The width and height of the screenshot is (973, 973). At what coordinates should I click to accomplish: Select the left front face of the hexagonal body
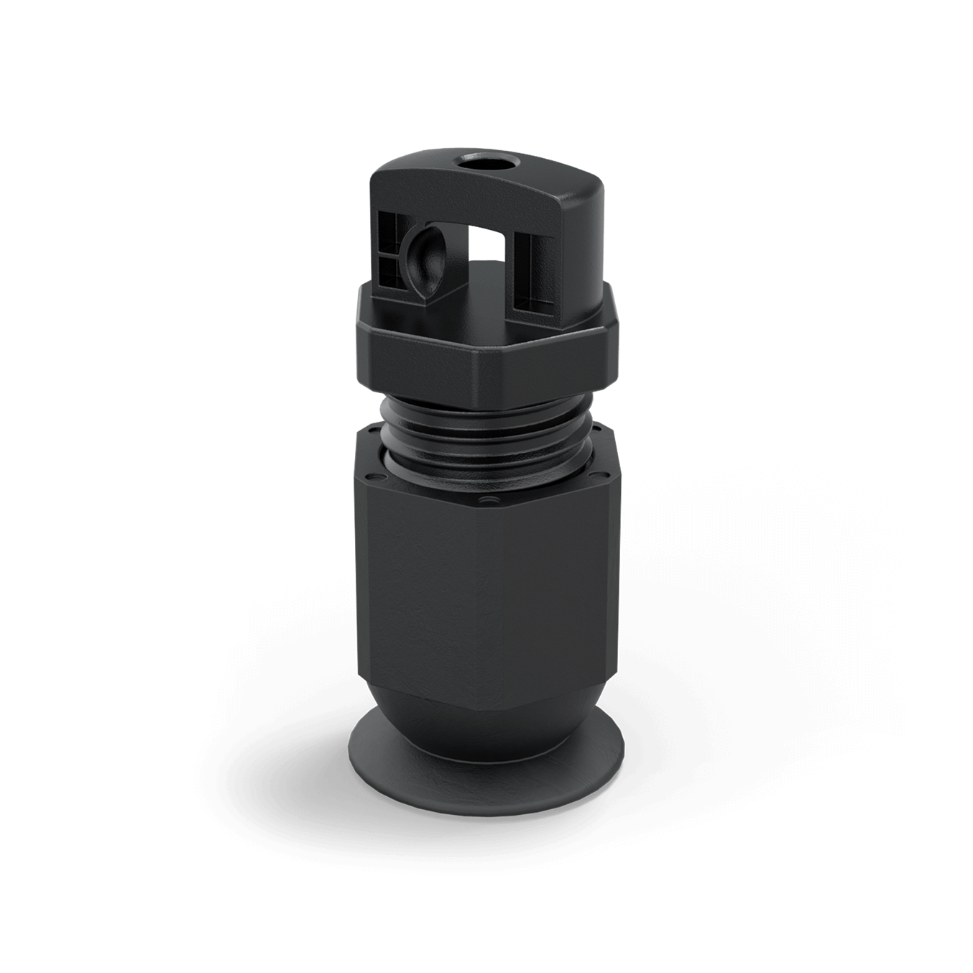[x=431, y=596]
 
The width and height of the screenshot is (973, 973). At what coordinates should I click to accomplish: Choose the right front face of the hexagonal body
[x=553, y=596]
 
